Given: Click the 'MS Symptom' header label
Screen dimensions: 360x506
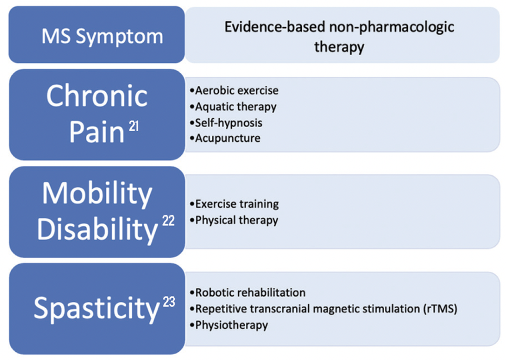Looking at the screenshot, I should (102, 36).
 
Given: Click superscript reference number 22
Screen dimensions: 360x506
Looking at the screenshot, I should (168, 222).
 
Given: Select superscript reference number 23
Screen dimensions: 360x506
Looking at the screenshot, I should (169, 302).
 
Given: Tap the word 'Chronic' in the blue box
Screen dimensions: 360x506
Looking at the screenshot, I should (96, 96).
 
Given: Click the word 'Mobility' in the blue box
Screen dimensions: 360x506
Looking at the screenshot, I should (96, 194).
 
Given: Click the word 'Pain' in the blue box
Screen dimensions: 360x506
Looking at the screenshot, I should (96, 132).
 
